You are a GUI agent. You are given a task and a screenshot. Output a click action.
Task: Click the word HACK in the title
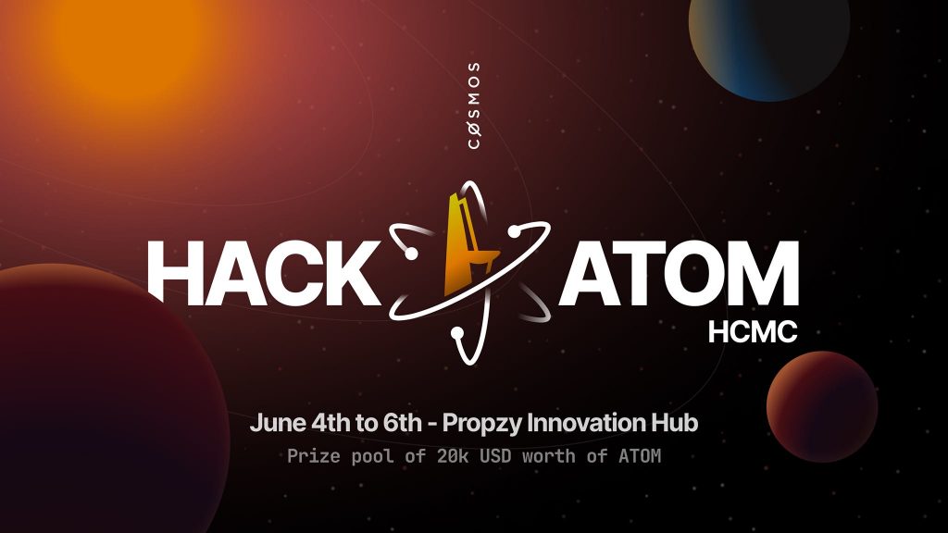(x=264, y=273)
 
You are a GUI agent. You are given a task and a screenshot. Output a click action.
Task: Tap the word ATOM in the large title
(x=679, y=273)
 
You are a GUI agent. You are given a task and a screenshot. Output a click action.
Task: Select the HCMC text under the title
(x=753, y=332)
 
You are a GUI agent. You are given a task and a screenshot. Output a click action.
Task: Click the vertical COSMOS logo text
(x=475, y=105)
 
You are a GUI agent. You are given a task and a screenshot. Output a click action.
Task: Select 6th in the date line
(x=402, y=422)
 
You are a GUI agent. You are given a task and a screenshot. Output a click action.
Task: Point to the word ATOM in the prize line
(x=640, y=455)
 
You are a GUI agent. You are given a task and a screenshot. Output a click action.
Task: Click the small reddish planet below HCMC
(x=822, y=407)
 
